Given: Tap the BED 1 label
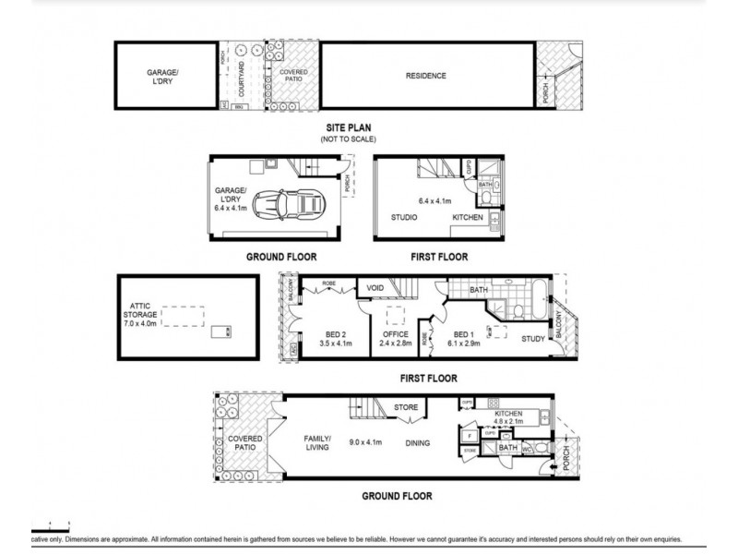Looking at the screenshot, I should point(464,336).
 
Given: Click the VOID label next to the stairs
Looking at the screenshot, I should point(375,288).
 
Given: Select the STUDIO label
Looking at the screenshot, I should point(403,218).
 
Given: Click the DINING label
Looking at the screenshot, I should point(418,443).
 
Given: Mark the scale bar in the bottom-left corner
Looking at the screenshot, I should point(46,529).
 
